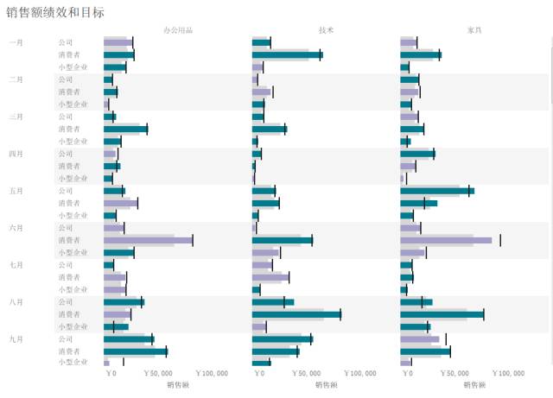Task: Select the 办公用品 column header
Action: [x=178, y=30]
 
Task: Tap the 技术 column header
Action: [x=326, y=30]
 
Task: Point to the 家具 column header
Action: [x=474, y=30]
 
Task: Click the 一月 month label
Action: [x=16, y=42]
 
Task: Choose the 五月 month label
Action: [x=16, y=191]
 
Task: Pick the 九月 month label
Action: [x=16, y=339]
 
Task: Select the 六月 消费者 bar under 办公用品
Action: [x=147, y=240]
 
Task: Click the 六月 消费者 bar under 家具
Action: [x=446, y=240]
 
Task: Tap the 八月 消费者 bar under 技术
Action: [x=296, y=314]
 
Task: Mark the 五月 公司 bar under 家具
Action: [x=437, y=191]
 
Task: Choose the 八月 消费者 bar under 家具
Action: [x=442, y=314]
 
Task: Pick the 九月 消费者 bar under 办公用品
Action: [x=135, y=351]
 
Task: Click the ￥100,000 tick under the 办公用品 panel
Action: [x=212, y=374]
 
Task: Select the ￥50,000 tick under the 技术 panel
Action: [x=307, y=374]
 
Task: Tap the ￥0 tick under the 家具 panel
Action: [x=407, y=374]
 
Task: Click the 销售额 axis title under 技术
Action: [x=326, y=385]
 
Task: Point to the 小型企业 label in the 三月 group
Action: [x=73, y=141]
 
